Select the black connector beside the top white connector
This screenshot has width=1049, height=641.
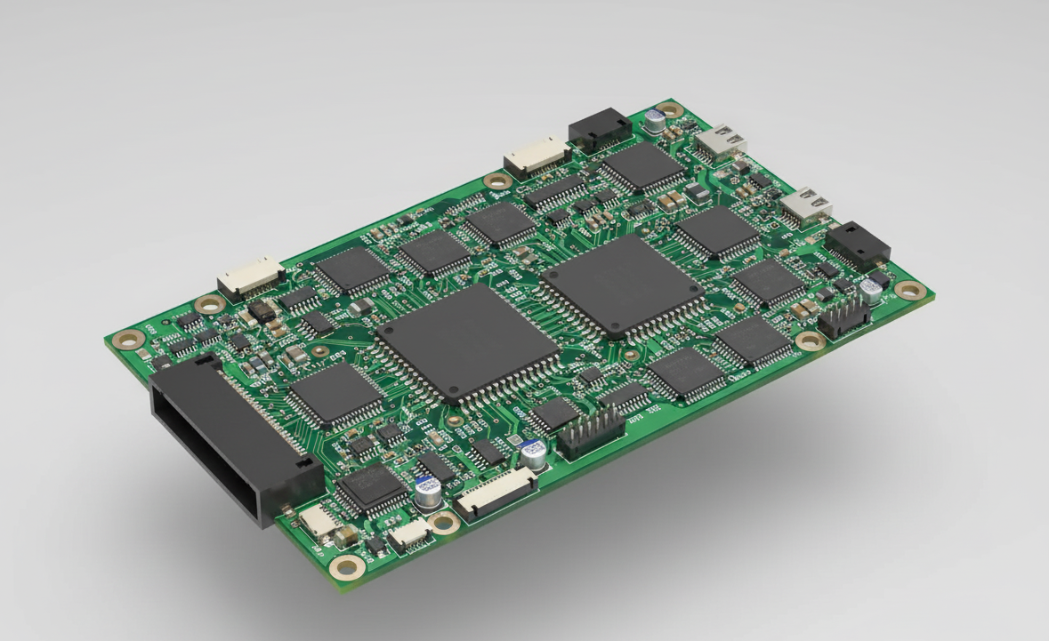pyautogui.click(x=600, y=129)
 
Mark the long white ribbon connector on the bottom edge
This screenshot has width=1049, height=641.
pyautogui.click(x=496, y=493)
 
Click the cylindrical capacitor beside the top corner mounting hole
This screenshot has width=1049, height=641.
pyautogui.click(x=656, y=120)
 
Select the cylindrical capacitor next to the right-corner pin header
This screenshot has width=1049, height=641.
pyautogui.click(x=872, y=289)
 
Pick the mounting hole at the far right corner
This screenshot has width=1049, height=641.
pyautogui.click(x=907, y=289)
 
